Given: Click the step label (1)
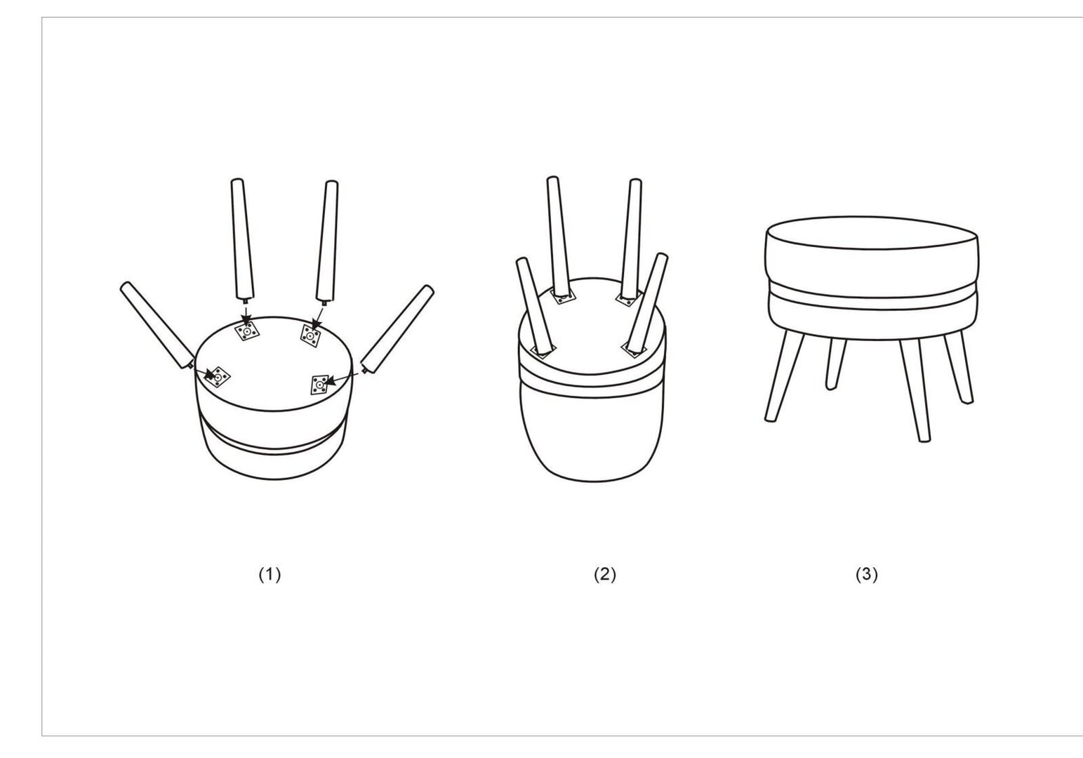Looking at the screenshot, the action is (x=270, y=574).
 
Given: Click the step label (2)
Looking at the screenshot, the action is (x=605, y=574).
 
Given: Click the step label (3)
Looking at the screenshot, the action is (x=866, y=574).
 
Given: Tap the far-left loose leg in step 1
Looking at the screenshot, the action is (x=157, y=326).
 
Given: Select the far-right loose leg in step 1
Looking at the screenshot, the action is (x=397, y=329).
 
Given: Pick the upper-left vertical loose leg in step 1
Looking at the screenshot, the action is (x=242, y=240).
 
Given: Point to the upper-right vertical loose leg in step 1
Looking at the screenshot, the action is (x=327, y=241).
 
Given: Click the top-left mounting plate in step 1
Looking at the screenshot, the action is (x=247, y=331).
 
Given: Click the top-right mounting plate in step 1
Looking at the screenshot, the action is (x=310, y=335).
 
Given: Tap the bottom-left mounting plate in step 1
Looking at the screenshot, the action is (x=217, y=377).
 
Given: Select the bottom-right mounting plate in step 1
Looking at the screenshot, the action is (x=319, y=385).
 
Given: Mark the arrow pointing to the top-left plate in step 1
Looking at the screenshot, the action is (x=246, y=316).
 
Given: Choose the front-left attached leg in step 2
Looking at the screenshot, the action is (x=536, y=305).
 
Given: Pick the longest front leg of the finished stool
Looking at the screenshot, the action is (x=915, y=390).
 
